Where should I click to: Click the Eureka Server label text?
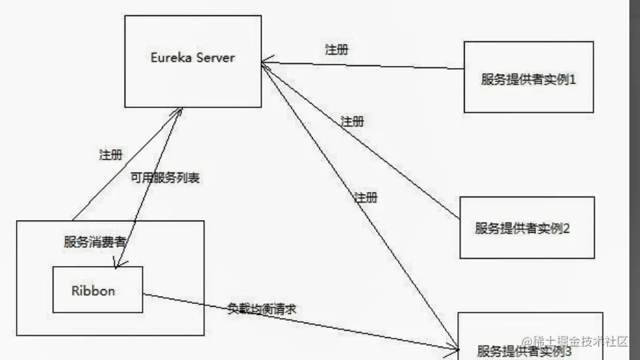pyautogui.click(x=193, y=57)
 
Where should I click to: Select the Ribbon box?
pyautogui.click(x=97, y=290)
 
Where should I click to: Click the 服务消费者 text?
pyautogui.click(x=95, y=241)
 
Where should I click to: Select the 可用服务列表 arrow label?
pyautogui.click(x=166, y=179)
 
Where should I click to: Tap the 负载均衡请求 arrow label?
pyautogui.click(x=262, y=309)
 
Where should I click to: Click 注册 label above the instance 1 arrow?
pyautogui.click(x=335, y=49)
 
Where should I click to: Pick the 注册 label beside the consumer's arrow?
pyautogui.click(x=110, y=155)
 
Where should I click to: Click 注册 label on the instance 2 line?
pyautogui.click(x=352, y=121)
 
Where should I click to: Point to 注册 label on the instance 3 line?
pyautogui.click(x=365, y=197)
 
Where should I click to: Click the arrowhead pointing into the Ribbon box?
pyautogui.click(x=118, y=265)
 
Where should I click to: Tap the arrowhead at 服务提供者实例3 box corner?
pyautogui.click(x=456, y=347)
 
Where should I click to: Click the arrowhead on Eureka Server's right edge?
pyautogui.click(x=265, y=63)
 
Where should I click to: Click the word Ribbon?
pyautogui.click(x=93, y=291)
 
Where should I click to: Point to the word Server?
pyautogui.click(x=215, y=57)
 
